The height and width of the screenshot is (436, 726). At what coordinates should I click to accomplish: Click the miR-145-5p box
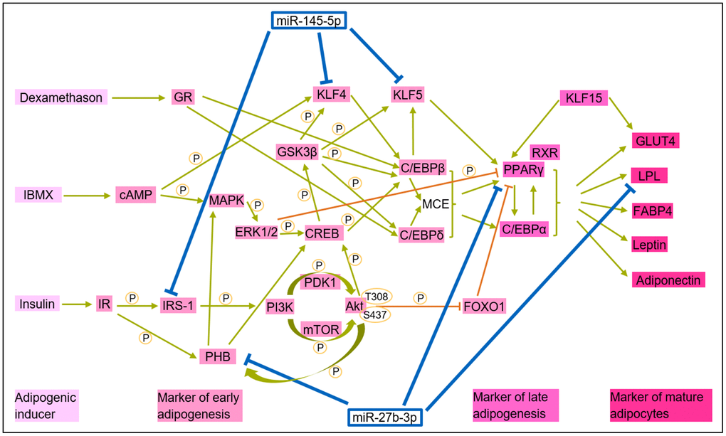click(x=309, y=21)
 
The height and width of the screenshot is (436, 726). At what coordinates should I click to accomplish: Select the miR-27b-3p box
click(x=385, y=418)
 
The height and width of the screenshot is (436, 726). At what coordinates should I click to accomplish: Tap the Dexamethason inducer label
click(x=61, y=97)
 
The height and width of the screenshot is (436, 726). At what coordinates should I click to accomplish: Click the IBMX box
click(x=38, y=195)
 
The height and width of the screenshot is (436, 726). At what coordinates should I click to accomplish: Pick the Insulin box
click(x=37, y=304)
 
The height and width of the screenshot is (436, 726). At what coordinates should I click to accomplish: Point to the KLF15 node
click(x=584, y=98)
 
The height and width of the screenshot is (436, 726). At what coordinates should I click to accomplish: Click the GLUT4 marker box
click(x=656, y=141)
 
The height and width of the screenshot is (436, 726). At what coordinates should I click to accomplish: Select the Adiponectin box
click(x=668, y=280)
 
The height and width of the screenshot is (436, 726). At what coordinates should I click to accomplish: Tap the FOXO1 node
click(x=484, y=306)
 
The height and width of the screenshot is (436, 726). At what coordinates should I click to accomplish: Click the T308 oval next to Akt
click(x=377, y=297)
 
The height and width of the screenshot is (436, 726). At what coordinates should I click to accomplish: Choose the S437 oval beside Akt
click(x=374, y=315)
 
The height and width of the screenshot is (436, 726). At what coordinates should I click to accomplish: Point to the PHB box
click(x=218, y=356)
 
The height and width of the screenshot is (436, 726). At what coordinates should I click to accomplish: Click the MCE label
click(x=435, y=204)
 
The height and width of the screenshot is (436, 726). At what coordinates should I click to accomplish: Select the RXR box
click(x=545, y=152)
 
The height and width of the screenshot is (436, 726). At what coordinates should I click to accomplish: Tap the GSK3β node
click(x=298, y=151)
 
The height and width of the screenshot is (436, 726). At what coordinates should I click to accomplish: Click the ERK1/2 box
click(x=256, y=232)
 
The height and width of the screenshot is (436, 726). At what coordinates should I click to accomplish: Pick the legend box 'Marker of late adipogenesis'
click(x=515, y=405)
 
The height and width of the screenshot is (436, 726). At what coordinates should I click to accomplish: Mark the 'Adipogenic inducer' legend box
click(x=46, y=405)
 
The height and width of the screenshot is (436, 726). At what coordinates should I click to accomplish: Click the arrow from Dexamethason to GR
click(x=139, y=97)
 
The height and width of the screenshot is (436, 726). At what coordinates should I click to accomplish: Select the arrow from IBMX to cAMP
click(x=87, y=196)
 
